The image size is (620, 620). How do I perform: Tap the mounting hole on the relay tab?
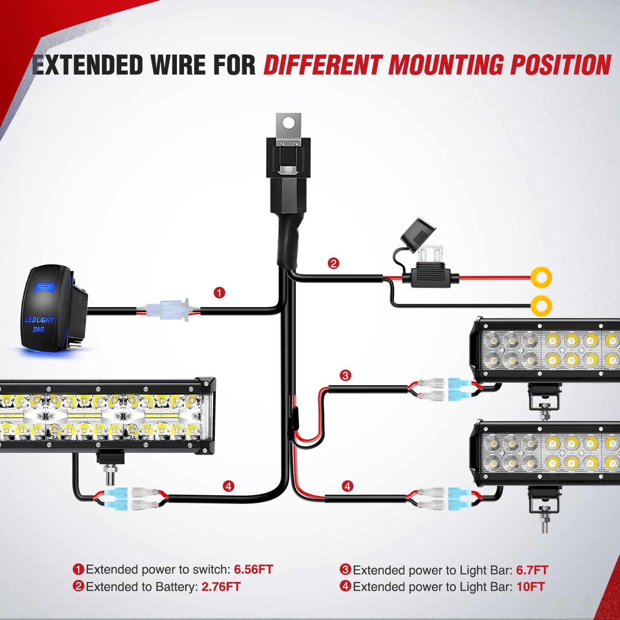pyautogui.click(x=289, y=122)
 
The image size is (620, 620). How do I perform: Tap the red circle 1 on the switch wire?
pyautogui.click(x=219, y=293)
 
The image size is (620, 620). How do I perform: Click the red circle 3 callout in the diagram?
pyautogui.click(x=345, y=375)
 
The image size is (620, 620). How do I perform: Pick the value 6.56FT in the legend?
pyautogui.click(x=253, y=569)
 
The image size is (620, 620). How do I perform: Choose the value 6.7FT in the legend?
pyautogui.click(x=532, y=570)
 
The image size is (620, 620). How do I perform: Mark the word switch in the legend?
pyautogui.click(x=208, y=569)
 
